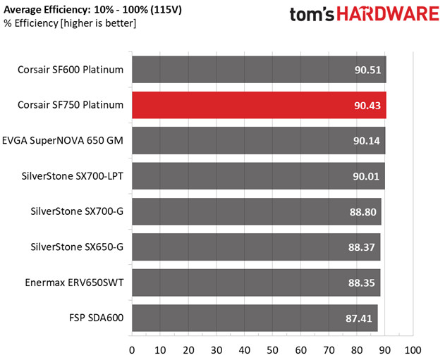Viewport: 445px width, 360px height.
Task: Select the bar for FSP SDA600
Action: pyautogui.click(x=255, y=318)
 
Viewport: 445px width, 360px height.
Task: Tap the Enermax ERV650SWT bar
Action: pyautogui.click(x=256, y=282)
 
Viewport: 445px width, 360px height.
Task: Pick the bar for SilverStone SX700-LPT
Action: pyautogui.click(x=258, y=175)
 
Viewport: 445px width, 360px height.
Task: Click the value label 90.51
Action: pyautogui.click(x=367, y=70)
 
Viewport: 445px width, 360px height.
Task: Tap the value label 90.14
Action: pyautogui.click(x=367, y=140)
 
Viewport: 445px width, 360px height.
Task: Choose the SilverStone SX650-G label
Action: pyautogui.click(x=77, y=247)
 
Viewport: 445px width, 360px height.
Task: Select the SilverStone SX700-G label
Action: pyautogui.click(x=77, y=211)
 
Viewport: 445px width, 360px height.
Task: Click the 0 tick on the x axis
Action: pyautogui.click(x=132, y=349)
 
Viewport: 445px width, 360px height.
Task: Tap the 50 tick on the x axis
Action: pyautogui.click(x=272, y=349)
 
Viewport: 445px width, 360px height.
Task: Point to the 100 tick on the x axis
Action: pyautogui.click(x=413, y=349)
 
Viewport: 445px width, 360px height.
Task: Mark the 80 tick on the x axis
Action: pyautogui.click(x=357, y=349)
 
